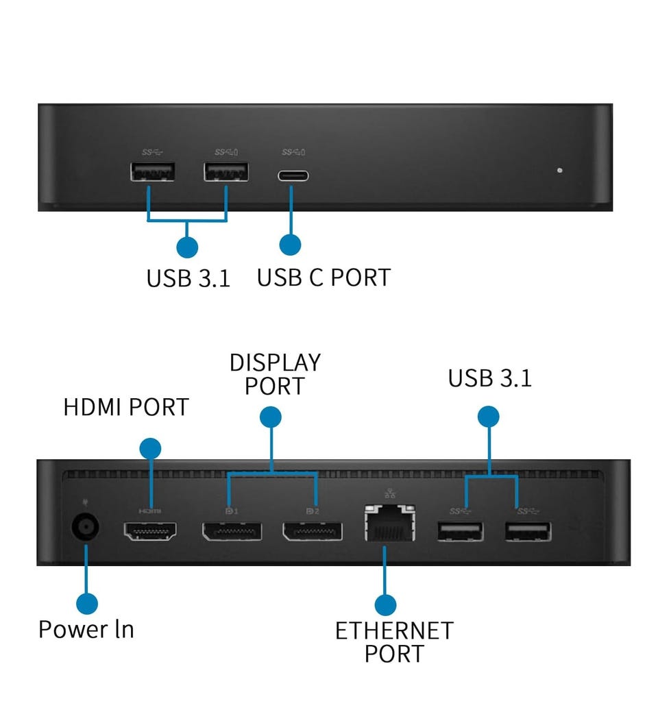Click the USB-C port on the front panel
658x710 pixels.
(293, 175)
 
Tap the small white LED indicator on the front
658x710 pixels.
(560, 170)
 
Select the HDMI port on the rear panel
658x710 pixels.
(150, 531)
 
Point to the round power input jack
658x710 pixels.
(85, 526)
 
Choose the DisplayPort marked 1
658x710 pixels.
(232, 531)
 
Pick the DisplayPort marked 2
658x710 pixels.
(313, 531)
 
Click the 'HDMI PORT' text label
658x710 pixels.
(126, 407)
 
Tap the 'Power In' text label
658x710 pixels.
(86, 629)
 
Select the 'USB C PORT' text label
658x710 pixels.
(324, 278)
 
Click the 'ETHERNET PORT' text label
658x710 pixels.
(394, 642)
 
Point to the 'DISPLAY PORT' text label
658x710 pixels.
(275, 374)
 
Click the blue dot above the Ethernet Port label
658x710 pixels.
(385, 604)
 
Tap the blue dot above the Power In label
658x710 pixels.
(87, 604)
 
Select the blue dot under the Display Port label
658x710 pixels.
(270, 417)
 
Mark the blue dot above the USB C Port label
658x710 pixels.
(291, 245)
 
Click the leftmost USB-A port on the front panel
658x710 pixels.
(153, 171)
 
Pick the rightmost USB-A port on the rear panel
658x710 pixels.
(528, 532)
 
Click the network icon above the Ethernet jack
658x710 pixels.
(389, 493)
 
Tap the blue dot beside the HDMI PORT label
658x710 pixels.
(150, 449)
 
